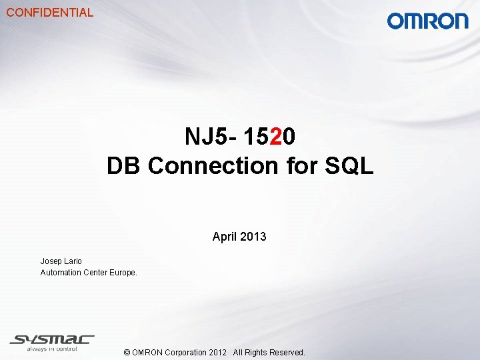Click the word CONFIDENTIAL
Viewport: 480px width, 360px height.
click(50, 12)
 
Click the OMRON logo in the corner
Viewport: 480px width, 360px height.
click(427, 21)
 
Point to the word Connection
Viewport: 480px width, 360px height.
click(213, 165)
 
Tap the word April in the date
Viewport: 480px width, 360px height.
click(225, 237)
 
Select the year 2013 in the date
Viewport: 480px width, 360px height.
click(253, 237)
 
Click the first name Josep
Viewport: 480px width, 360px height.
click(51, 261)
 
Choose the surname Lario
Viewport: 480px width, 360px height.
click(73, 261)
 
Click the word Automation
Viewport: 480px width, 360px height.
click(61, 273)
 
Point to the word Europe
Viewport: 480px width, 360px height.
click(123, 273)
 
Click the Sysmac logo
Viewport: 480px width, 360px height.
click(52, 339)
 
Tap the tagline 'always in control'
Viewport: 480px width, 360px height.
click(53, 349)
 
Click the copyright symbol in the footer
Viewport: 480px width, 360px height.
click(127, 353)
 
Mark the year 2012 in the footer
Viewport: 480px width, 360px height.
click(217, 353)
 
